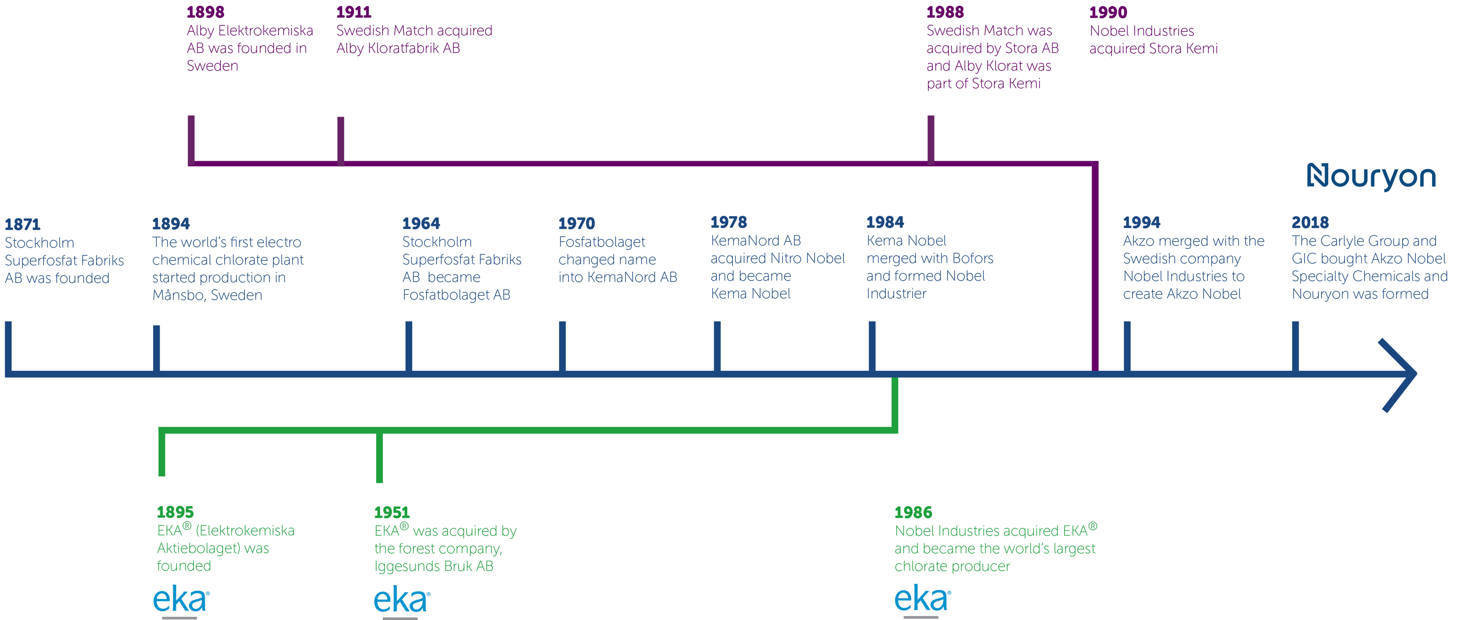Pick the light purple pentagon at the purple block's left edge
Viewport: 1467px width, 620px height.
(165, 128)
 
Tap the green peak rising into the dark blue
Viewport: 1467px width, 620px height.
(895, 393)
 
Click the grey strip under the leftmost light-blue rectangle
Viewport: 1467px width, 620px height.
(171, 617)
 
